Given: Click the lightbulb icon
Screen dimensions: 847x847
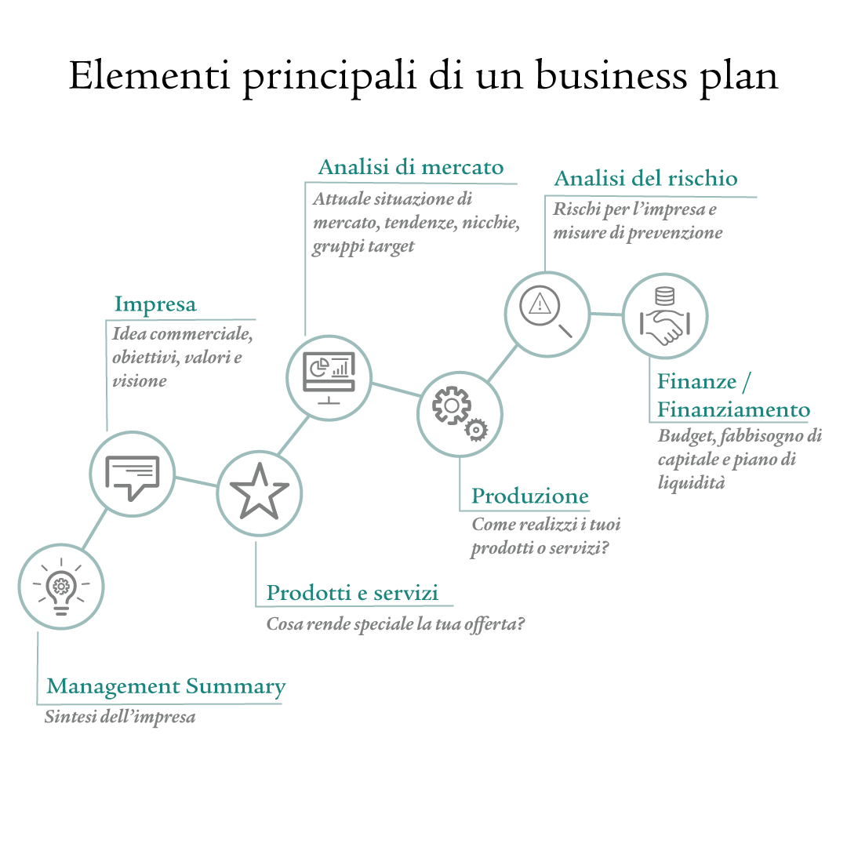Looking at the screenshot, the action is point(61,587).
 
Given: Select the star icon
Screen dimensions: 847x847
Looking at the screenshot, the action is point(260,492).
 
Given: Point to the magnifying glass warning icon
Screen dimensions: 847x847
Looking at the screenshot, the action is point(546,311).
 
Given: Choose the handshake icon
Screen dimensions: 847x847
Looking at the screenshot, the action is point(665,316).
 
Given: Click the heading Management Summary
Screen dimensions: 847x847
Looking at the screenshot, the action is point(165,686).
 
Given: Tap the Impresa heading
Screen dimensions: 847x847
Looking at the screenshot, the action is point(155,304).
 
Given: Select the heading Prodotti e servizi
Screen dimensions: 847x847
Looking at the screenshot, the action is point(352,593).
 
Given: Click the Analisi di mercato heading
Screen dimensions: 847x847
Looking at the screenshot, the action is point(410,167).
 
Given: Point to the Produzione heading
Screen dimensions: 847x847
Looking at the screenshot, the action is point(530,496).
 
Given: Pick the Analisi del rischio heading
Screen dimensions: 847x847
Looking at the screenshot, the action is point(646,178).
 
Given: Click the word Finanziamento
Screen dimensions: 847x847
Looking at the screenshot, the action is point(733,409).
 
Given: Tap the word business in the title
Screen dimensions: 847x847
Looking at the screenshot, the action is point(612,75).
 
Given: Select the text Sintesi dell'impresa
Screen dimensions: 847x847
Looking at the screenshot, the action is point(120,717).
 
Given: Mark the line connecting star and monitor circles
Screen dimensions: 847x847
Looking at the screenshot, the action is point(293,434).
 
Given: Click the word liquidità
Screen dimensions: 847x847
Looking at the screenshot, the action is point(691,482).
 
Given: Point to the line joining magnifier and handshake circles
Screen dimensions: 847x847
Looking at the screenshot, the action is point(606,314).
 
